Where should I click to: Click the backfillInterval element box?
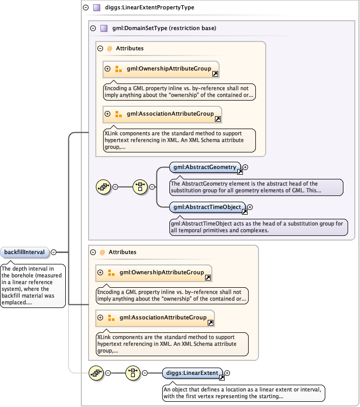25,252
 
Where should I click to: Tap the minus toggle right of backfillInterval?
54,252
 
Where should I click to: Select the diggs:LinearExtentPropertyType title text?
150,8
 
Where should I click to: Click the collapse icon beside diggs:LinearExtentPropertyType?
85,8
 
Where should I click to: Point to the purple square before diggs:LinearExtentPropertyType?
96,8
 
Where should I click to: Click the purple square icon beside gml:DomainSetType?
104,28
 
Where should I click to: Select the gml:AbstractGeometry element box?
205,167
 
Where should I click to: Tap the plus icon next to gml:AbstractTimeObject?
250,207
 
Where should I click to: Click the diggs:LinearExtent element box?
192,372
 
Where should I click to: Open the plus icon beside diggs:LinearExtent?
227,372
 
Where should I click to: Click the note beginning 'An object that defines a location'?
243,392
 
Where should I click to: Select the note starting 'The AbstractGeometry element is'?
256,187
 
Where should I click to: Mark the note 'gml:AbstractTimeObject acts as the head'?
258,227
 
